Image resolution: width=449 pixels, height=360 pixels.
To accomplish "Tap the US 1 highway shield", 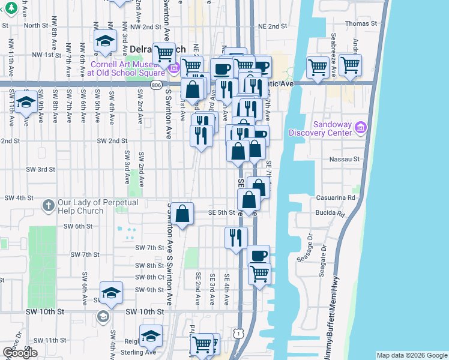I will coord(240,349).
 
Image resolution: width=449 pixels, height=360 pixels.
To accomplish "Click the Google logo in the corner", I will coord(19,353).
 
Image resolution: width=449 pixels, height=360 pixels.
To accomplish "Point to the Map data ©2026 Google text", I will coord(411,355).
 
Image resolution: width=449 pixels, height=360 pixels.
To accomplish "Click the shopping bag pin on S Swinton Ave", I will coord(182,212).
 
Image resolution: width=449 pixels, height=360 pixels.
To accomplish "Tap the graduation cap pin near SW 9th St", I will coord(111,292).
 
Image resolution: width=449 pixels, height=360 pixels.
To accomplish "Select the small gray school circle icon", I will coord(103,316).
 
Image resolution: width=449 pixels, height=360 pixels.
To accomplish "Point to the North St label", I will coord(35,25).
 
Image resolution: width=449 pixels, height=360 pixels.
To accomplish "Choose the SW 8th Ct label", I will coord(149,277).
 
